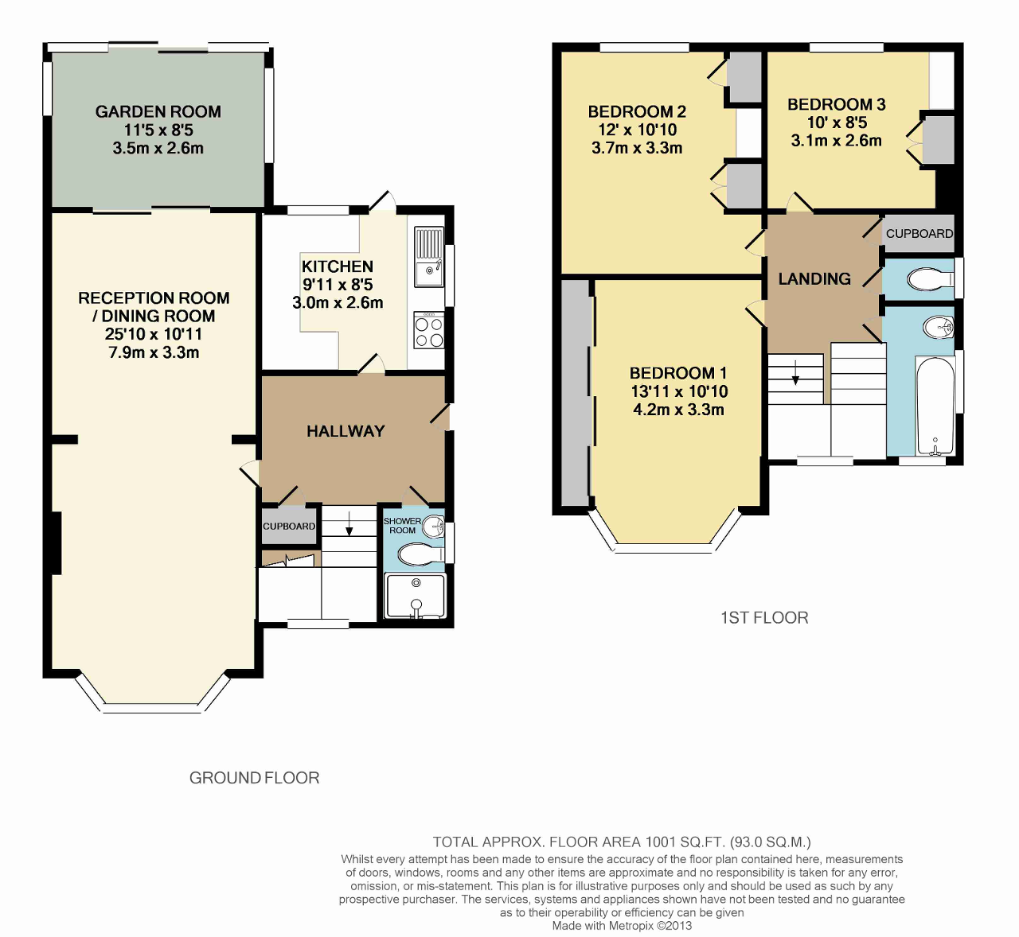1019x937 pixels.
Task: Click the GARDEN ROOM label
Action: click(x=158, y=111)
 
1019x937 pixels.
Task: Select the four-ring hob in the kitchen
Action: click(x=429, y=330)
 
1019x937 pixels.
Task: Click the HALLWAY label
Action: click(x=346, y=431)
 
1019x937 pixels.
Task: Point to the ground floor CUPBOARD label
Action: click(x=289, y=527)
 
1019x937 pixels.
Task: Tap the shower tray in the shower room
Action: click(x=416, y=597)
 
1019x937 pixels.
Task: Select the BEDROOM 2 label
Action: click(x=637, y=111)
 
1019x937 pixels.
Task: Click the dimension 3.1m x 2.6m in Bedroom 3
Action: click(x=836, y=141)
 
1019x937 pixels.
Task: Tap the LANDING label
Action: click(x=814, y=278)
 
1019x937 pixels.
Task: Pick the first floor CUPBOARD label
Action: click(x=919, y=234)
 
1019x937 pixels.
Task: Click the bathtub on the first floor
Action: click(x=935, y=405)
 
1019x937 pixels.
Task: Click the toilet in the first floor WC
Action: click(x=931, y=280)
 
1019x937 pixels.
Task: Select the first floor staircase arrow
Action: click(x=795, y=372)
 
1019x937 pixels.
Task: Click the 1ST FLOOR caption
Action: click(x=764, y=618)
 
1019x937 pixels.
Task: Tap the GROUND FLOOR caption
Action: click(x=255, y=778)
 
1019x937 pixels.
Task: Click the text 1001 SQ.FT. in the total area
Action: click(x=685, y=842)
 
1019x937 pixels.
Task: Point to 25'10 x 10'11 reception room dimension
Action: click(x=154, y=334)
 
